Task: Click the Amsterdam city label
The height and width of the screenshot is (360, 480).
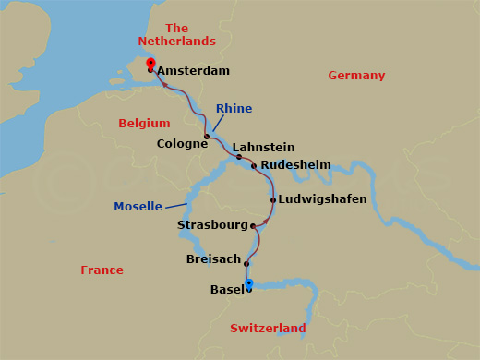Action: pos(193,70)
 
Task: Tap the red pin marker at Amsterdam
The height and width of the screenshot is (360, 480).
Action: pos(150,63)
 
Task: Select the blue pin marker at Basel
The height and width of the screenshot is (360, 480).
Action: pos(248,283)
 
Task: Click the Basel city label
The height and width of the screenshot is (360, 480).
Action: pos(227,290)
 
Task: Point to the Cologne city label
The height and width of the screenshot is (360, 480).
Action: pos(182,144)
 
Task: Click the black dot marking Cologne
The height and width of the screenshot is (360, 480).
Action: pos(207,137)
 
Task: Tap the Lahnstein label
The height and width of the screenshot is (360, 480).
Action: pos(263,147)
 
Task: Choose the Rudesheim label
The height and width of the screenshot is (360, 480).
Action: pos(295,164)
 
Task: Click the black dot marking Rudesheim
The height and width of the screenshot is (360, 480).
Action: pos(254,166)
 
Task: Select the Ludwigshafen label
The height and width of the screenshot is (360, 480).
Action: pos(323,199)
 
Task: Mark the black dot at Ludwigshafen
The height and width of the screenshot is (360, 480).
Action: pos(273,199)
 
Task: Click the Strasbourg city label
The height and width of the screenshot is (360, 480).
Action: pos(213,225)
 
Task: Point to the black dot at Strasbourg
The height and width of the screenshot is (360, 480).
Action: pos(253,225)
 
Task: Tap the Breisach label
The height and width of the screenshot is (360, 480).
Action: pos(213,259)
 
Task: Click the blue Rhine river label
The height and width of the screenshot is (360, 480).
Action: pos(234,109)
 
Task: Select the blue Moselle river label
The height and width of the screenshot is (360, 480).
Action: pos(138,206)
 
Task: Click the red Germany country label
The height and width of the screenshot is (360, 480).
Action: pos(356,76)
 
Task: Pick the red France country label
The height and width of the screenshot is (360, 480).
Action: pos(102,270)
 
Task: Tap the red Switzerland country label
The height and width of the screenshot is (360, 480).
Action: pos(268,329)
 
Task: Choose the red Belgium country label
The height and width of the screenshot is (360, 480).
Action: pos(144,123)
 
